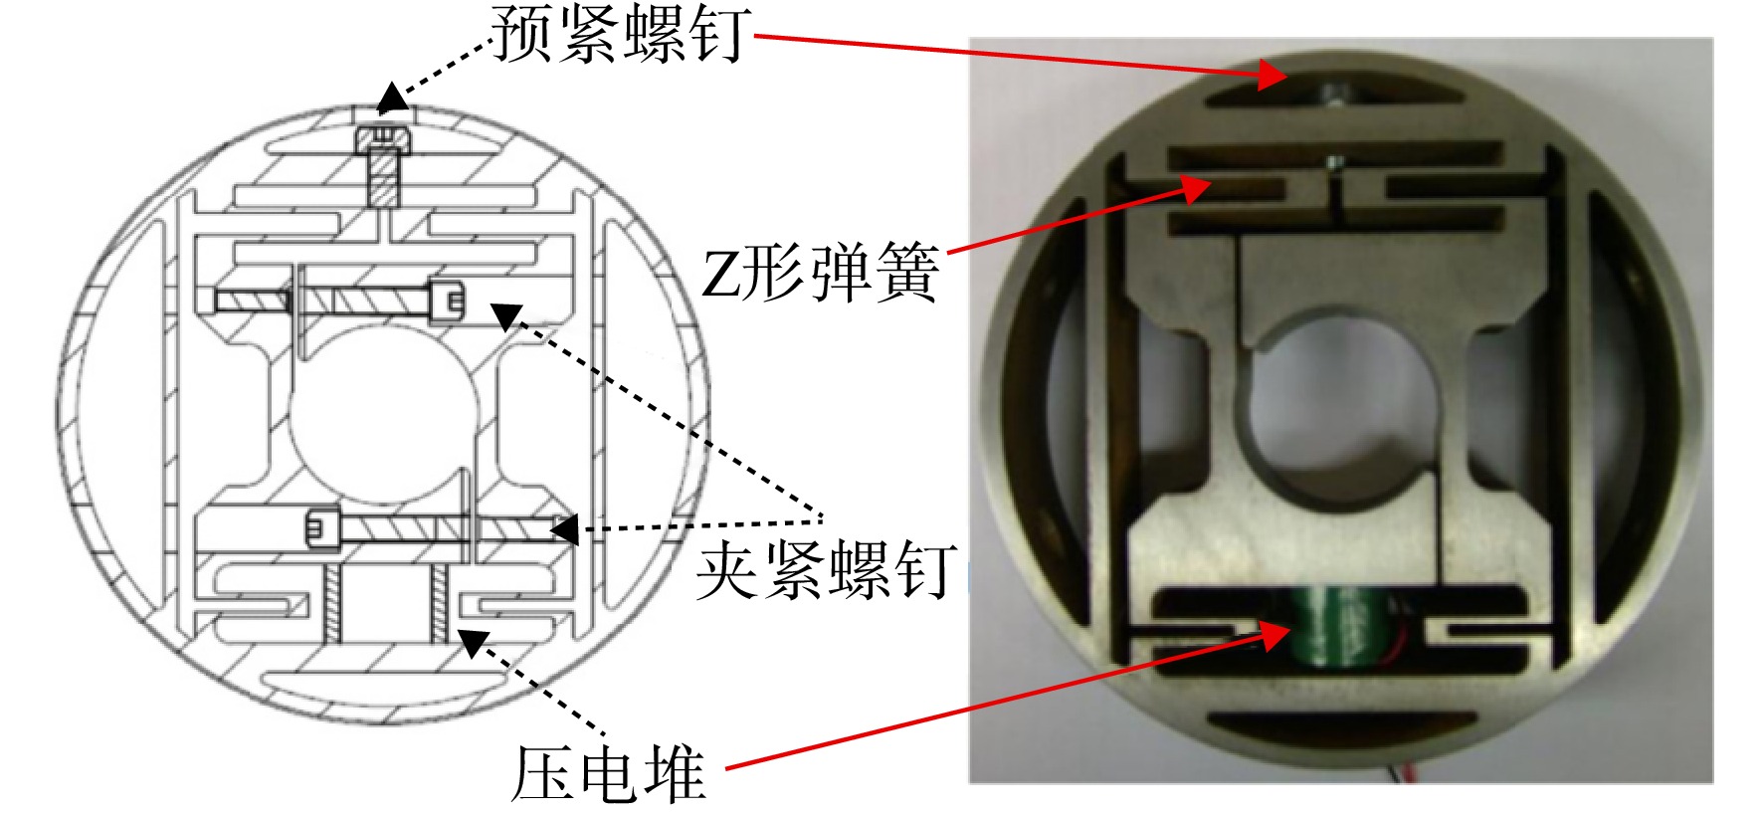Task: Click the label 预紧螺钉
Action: click(621, 34)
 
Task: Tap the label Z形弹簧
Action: click(820, 274)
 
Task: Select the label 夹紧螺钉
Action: click(826, 569)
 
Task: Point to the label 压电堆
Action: click(608, 773)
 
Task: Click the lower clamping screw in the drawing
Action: click(438, 528)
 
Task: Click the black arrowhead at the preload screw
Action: click(391, 98)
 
